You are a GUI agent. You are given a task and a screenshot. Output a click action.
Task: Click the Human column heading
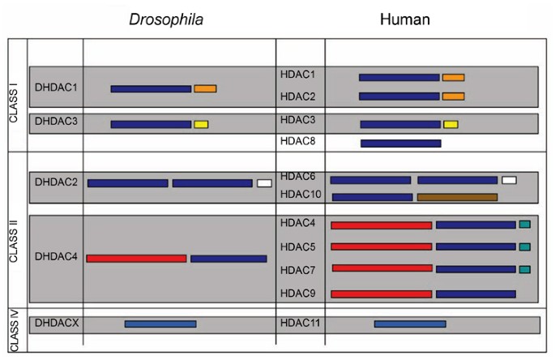404,18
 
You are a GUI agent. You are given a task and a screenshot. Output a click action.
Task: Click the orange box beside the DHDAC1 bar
205,88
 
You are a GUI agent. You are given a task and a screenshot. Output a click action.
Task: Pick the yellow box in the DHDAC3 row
201,124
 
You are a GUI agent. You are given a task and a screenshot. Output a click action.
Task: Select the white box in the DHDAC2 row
264,183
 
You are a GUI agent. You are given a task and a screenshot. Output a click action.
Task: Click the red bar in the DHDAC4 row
136,259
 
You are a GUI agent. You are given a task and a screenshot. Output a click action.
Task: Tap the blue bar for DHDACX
160,324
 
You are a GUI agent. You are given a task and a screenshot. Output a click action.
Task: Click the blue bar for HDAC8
400,144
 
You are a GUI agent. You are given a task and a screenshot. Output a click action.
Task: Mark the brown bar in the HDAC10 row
457,197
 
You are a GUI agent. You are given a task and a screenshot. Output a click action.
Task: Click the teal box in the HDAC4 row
524,224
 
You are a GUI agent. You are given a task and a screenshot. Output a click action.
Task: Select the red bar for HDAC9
381,294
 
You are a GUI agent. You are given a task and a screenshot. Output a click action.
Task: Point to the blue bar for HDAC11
409,324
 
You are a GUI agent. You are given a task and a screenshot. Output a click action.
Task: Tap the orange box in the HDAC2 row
453,96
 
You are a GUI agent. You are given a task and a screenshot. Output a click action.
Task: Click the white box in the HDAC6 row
509,180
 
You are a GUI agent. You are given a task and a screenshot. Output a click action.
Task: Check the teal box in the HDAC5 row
524,246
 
